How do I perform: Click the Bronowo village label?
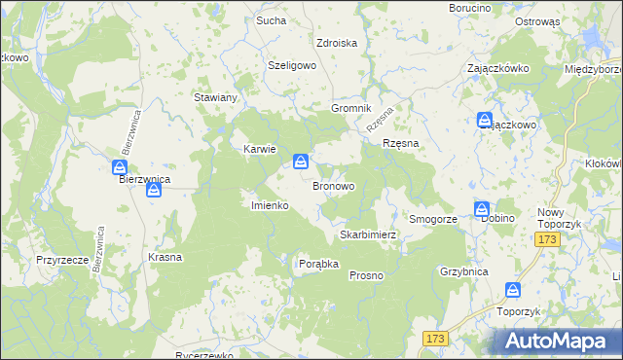333,185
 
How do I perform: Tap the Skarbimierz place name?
367,235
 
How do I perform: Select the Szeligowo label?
293,65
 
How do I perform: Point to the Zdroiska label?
337,43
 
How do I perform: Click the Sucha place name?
271,19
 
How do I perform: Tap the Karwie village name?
260,149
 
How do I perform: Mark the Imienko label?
268,205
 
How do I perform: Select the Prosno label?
366,275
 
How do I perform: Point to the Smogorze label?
433,220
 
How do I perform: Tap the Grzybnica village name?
463,272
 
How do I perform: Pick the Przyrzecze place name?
63,260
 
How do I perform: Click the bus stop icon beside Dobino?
482,209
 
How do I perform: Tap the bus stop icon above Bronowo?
303,162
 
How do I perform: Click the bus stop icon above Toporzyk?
513,290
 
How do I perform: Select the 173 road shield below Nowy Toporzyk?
549,239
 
